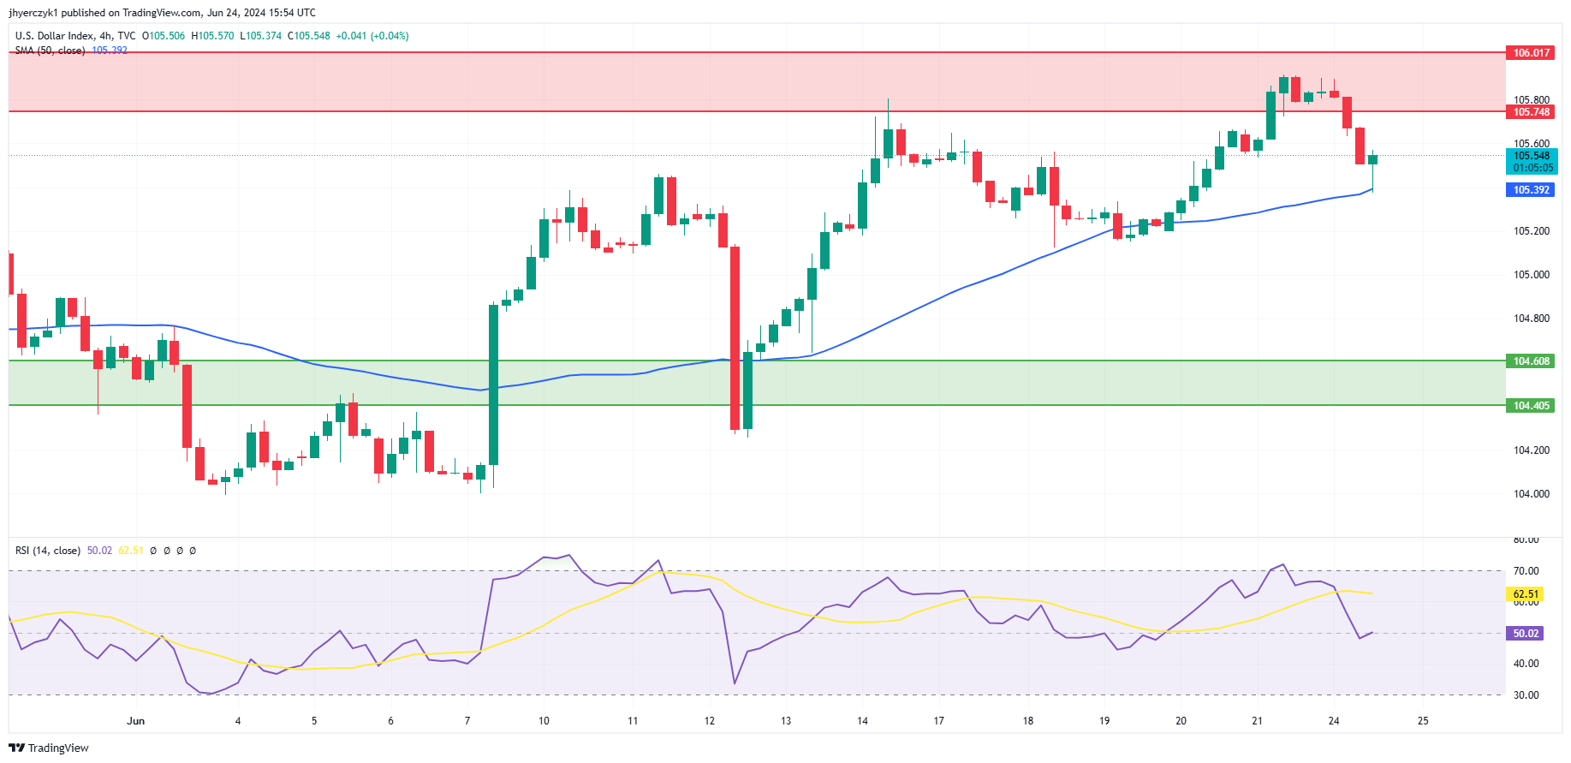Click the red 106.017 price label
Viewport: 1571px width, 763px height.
pyautogui.click(x=1531, y=53)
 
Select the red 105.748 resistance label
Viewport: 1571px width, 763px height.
pyautogui.click(x=1531, y=112)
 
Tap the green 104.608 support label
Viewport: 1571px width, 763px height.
pyautogui.click(x=1531, y=361)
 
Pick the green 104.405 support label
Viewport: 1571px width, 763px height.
pyautogui.click(x=1531, y=406)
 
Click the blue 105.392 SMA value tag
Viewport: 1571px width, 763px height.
pyautogui.click(x=1531, y=190)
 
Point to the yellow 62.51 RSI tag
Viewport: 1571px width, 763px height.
pyautogui.click(x=1526, y=594)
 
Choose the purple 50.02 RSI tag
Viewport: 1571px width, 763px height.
pyautogui.click(x=1526, y=634)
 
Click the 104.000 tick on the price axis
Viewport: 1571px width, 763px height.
pyautogui.click(x=1531, y=494)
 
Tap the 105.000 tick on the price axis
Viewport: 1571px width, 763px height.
pyautogui.click(x=1531, y=275)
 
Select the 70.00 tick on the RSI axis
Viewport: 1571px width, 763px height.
pyautogui.click(x=1526, y=571)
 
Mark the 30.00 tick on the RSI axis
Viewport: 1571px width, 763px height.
pyautogui.click(x=1526, y=695)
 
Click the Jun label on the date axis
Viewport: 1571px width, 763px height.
pyautogui.click(x=135, y=721)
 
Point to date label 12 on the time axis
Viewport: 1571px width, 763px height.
pyautogui.click(x=709, y=721)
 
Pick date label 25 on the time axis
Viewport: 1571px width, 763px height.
pyautogui.click(x=1423, y=721)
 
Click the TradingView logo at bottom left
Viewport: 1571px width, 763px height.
pyautogui.click(x=49, y=748)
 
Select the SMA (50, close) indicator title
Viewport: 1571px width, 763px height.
pyautogui.click(x=50, y=51)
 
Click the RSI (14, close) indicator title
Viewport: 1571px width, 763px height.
pyautogui.click(x=48, y=551)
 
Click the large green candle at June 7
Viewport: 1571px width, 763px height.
pyautogui.click(x=494, y=384)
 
